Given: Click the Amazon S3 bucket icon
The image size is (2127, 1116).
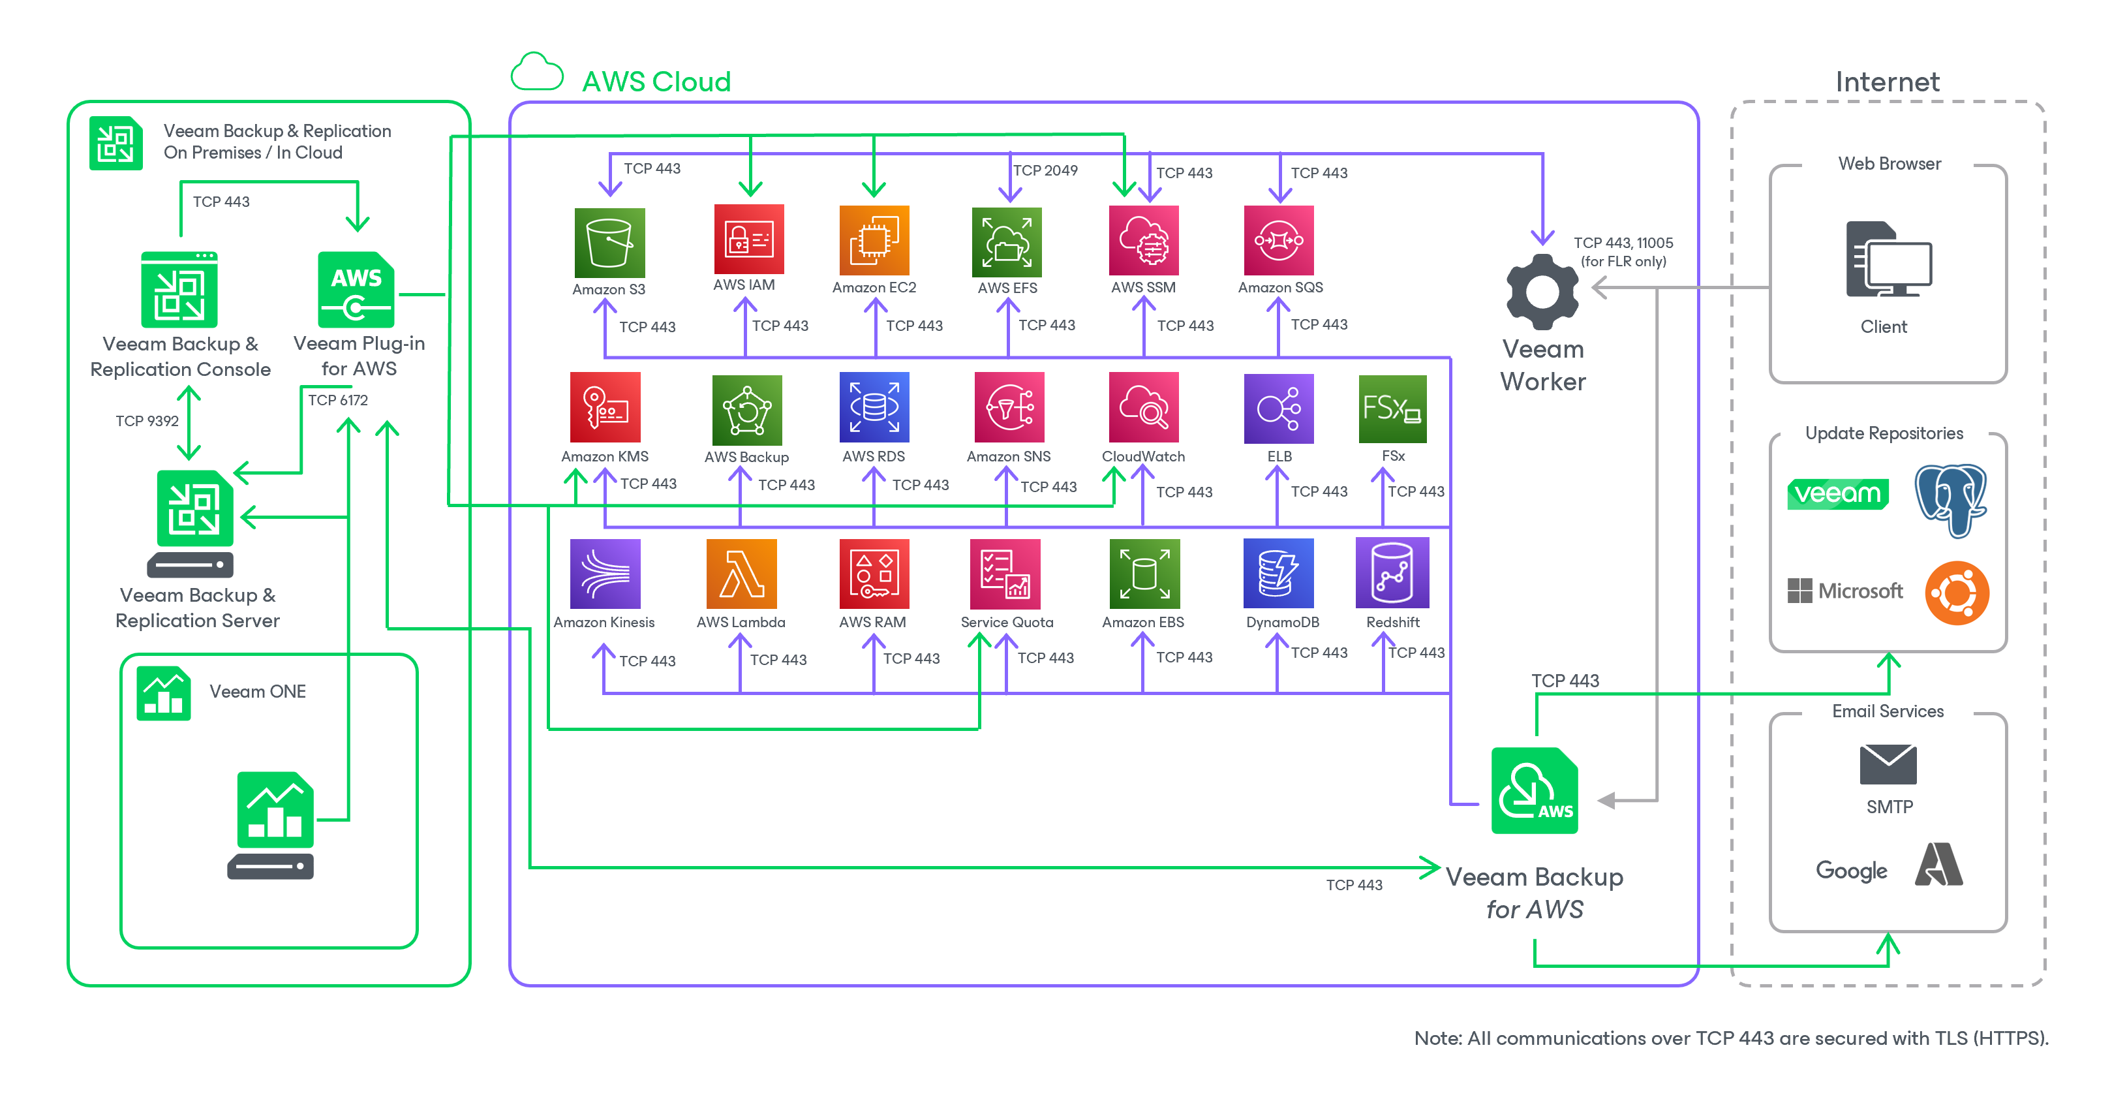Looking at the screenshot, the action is pos(609,243).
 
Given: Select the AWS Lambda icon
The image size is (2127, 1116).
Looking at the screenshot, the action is pos(741,573).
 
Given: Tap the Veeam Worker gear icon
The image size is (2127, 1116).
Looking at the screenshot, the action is pos(1542,292).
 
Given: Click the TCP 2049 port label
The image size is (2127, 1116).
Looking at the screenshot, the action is pos(1045,170).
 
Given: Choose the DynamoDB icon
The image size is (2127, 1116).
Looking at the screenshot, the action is pos(1278,573).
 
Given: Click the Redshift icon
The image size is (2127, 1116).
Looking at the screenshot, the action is pos(1392,572).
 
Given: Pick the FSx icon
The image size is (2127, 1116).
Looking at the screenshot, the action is pos(1392,408).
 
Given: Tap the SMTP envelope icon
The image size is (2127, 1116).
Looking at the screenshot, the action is pos(1888,764).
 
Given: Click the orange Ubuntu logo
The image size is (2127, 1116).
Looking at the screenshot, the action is pos(1956,593).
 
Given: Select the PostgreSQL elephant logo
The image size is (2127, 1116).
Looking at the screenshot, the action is pos(1950,500).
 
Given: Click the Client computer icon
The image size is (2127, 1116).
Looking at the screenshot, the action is pos(1888,259).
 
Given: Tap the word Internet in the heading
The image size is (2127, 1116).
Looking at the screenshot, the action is pos(1887,82).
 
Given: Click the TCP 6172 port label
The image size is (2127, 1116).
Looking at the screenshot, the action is pos(338,400).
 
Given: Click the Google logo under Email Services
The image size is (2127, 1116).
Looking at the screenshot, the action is pos(1850,871).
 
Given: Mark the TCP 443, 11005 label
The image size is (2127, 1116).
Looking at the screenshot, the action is pos(1623,243).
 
